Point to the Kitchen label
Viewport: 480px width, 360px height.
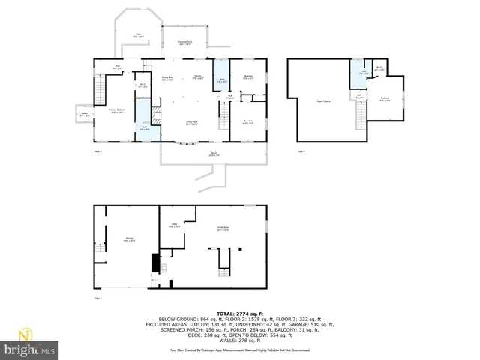(198, 77)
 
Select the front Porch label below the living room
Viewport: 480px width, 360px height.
(214, 155)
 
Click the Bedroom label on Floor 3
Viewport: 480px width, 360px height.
(384, 99)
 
